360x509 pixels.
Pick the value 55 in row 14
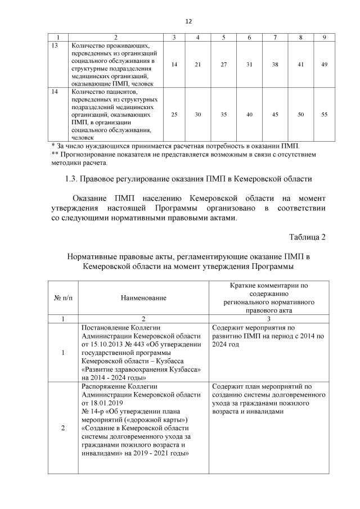pyautogui.click(x=325, y=114)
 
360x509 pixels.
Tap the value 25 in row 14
pyautogui.click(x=174, y=114)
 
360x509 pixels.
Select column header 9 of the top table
pyautogui.click(x=325, y=37)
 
